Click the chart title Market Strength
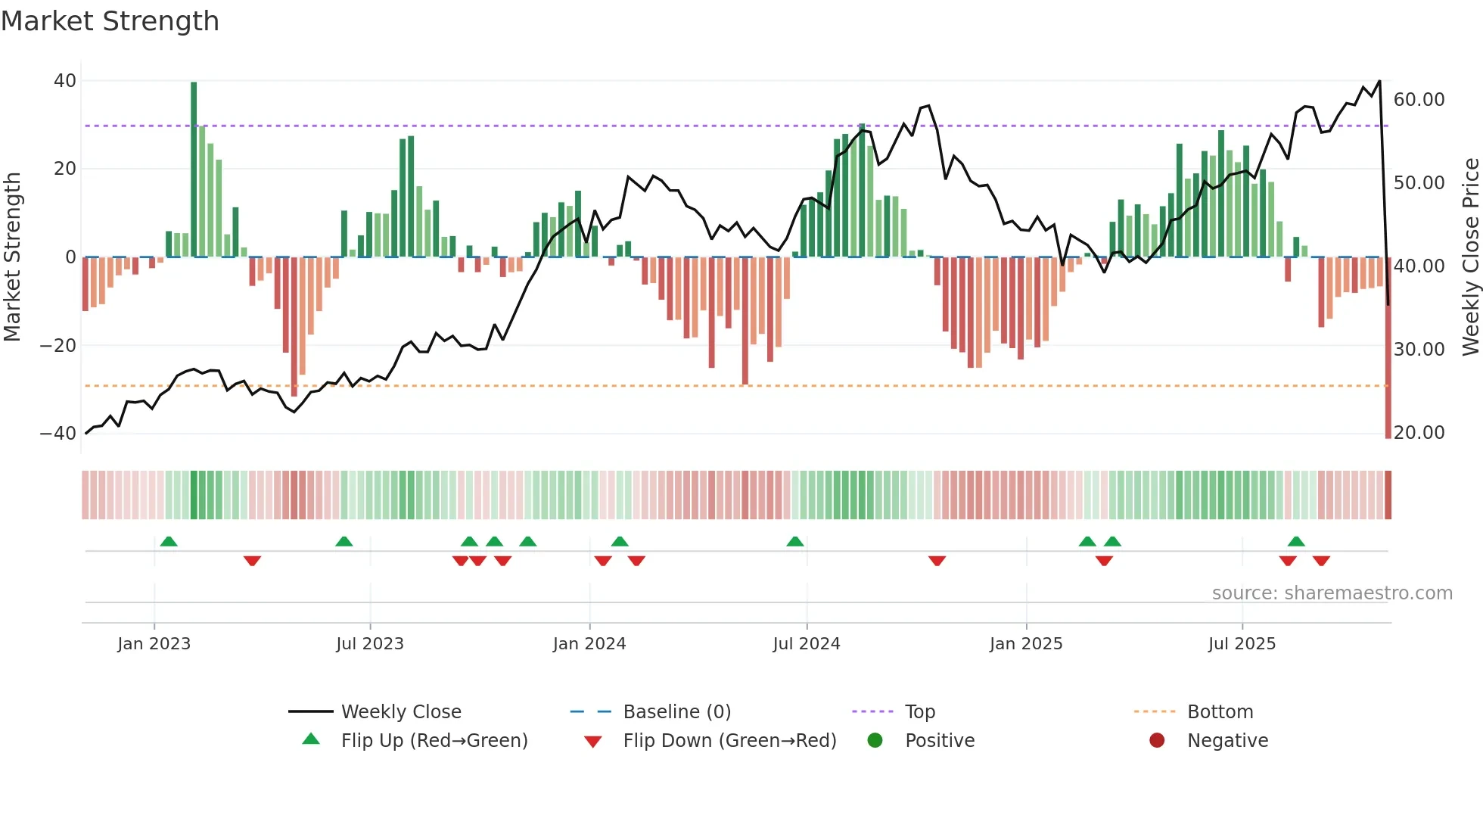tap(110, 21)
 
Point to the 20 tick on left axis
tap(65, 169)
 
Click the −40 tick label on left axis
tap(58, 434)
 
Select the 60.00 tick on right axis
tap(1419, 100)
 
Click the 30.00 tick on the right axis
tap(1419, 350)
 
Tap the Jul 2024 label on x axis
tap(806, 644)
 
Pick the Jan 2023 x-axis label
tap(154, 644)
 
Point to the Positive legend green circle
tap(875, 741)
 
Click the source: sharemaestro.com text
tap(1332, 593)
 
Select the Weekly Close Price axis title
tap(1470, 257)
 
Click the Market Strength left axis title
tap(12, 257)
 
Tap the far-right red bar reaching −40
tap(1388, 348)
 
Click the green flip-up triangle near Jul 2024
tap(794, 542)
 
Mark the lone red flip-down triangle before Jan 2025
tap(937, 561)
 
